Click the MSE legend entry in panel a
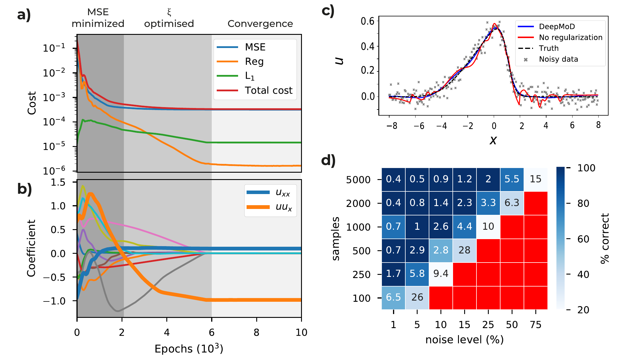(255, 47)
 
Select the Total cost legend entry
(268, 90)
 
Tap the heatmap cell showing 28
(464, 250)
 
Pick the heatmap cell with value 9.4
(441, 274)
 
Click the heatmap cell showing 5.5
(512, 179)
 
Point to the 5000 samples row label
(358, 180)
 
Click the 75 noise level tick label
(535, 325)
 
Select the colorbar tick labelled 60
(583, 239)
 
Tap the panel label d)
(328, 161)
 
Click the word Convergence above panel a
(260, 24)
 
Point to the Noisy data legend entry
(558, 59)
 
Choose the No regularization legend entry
(570, 37)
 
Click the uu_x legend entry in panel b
(283, 207)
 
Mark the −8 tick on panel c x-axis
(391, 126)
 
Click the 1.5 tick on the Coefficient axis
(58, 183)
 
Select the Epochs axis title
(189, 349)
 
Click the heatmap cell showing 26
(417, 298)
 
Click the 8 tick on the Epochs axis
(257, 332)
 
